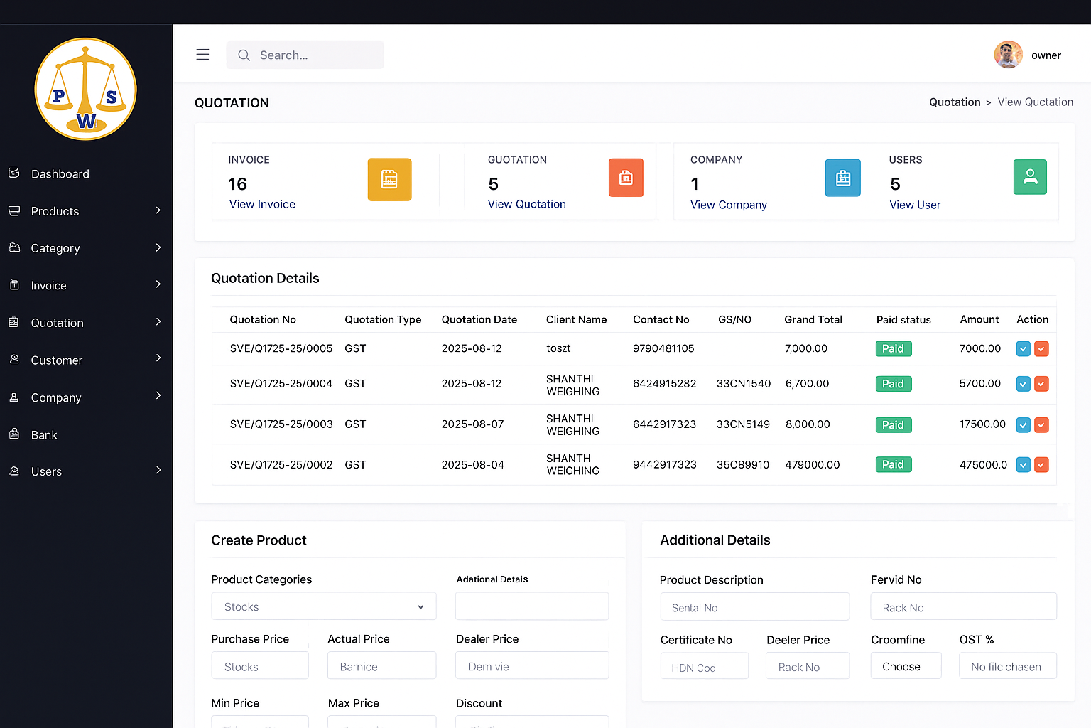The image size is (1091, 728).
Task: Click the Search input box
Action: coord(305,55)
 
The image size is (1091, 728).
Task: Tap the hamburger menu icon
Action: coord(202,55)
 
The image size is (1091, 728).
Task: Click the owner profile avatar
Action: coord(1008,55)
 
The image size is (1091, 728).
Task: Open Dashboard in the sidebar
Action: coord(60,174)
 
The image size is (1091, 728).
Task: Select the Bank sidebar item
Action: coord(44,435)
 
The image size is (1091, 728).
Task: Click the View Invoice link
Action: coord(262,205)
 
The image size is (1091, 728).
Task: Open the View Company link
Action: coord(728,205)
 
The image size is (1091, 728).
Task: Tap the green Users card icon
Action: coord(1030,177)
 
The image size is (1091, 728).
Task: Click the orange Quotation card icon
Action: coord(626,178)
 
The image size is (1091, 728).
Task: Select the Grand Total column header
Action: coord(813,320)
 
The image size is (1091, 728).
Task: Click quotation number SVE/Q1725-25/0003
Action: coord(281,424)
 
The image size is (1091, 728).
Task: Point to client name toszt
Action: coord(558,348)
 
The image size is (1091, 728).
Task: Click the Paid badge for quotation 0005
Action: coord(893,349)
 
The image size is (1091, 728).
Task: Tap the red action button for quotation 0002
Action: coord(1041,465)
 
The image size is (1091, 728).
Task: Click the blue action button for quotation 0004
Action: coord(1023,384)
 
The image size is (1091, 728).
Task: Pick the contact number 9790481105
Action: coord(663,348)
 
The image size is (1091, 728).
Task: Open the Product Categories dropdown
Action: coord(324,606)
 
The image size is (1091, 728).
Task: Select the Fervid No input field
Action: coord(963,607)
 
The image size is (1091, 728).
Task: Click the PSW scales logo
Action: coord(86,89)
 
